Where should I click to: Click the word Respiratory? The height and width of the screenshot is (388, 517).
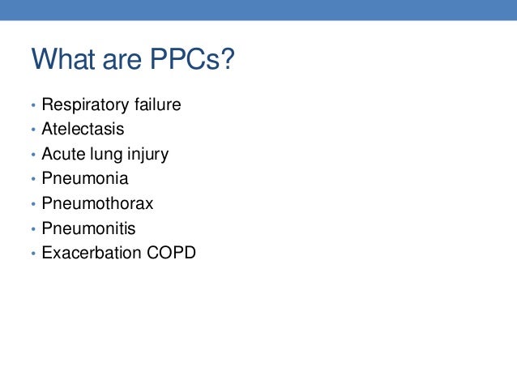(85, 105)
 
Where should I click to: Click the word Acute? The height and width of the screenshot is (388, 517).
(63, 154)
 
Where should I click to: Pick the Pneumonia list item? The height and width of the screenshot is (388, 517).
(84, 178)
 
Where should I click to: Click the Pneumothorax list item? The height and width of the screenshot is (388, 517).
(97, 203)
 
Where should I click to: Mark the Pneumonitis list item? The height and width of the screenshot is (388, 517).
(88, 228)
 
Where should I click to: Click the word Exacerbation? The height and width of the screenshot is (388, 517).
(90, 253)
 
